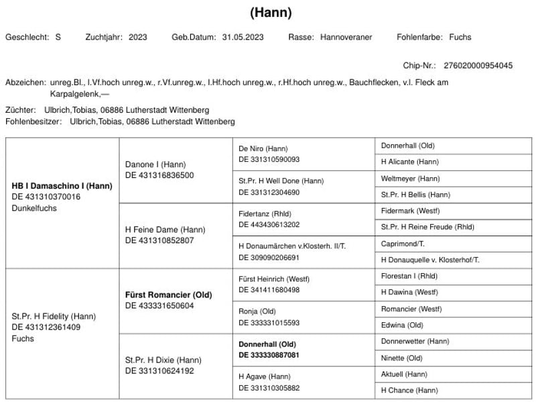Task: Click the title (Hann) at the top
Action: (x=271, y=13)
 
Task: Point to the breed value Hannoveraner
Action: (x=346, y=37)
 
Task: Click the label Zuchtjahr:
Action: (x=104, y=37)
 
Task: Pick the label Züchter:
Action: (x=21, y=109)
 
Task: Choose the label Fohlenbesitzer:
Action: (x=33, y=121)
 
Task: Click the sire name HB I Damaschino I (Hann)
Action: (x=62, y=186)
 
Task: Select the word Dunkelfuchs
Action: (x=34, y=208)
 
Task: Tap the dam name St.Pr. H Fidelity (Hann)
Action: (x=54, y=316)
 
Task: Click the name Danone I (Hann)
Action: (x=155, y=164)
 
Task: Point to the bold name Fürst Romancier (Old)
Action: (x=168, y=295)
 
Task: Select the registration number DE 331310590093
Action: (x=269, y=159)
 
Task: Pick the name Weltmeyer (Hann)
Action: (x=410, y=179)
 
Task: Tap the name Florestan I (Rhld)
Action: (x=409, y=276)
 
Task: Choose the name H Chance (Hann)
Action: (x=409, y=390)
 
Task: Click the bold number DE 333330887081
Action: (x=269, y=355)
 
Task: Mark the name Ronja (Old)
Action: (x=257, y=311)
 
